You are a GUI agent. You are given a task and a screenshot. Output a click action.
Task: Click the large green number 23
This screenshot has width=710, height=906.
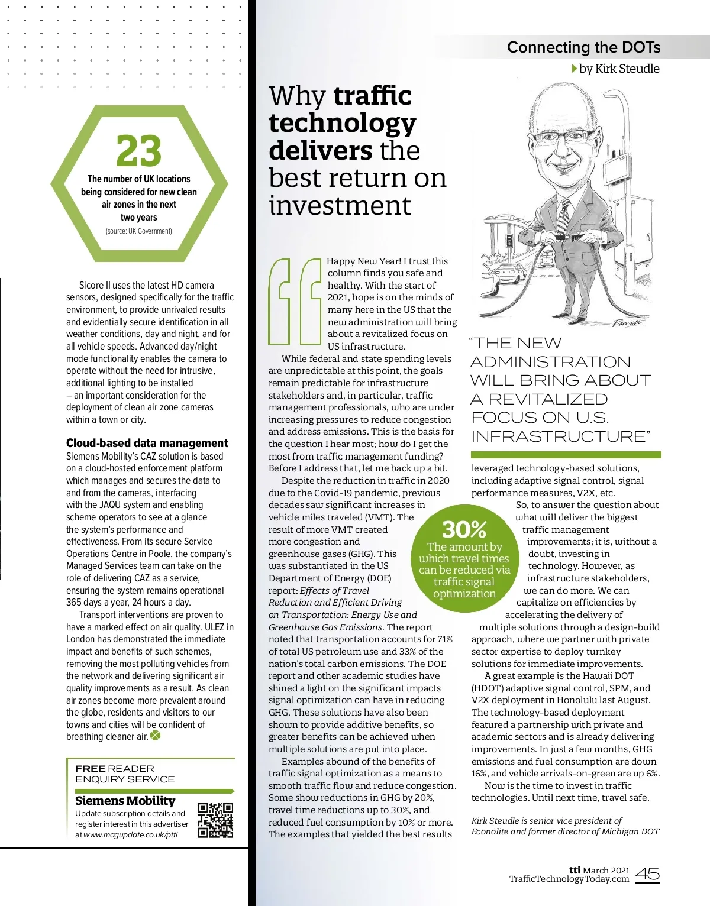click(x=139, y=151)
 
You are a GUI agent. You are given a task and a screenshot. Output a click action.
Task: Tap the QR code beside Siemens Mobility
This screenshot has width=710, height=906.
click(x=215, y=820)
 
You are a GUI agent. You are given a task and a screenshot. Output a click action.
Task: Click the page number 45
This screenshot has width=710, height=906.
click(x=648, y=874)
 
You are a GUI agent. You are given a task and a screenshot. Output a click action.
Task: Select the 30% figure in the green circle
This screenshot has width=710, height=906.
click(x=464, y=529)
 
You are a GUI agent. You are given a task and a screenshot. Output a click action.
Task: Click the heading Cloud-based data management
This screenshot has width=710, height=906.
click(x=147, y=443)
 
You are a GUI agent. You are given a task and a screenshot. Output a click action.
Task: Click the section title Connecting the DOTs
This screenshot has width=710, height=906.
click(x=583, y=47)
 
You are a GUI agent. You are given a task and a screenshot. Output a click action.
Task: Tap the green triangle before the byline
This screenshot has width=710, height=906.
click(x=575, y=69)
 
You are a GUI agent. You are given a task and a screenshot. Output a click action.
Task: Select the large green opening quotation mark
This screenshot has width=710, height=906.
click(x=295, y=300)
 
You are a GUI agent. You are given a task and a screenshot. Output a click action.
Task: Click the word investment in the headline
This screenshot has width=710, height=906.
click(x=340, y=205)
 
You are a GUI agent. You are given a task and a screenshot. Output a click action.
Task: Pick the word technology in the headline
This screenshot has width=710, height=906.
click(x=342, y=123)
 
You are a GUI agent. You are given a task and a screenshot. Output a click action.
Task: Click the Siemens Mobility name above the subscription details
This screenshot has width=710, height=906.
click(x=125, y=800)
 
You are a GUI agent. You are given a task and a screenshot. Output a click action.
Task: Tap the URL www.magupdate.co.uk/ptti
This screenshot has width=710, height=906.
click(x=130, y=834)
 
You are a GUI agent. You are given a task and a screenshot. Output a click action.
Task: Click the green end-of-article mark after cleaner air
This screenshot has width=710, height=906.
click(x=156, y=736)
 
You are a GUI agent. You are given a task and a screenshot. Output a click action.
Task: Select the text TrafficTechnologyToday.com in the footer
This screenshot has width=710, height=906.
click(x=569, y=879)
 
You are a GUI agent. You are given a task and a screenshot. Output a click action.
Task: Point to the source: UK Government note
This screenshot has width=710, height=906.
click(x=139, y=231)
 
